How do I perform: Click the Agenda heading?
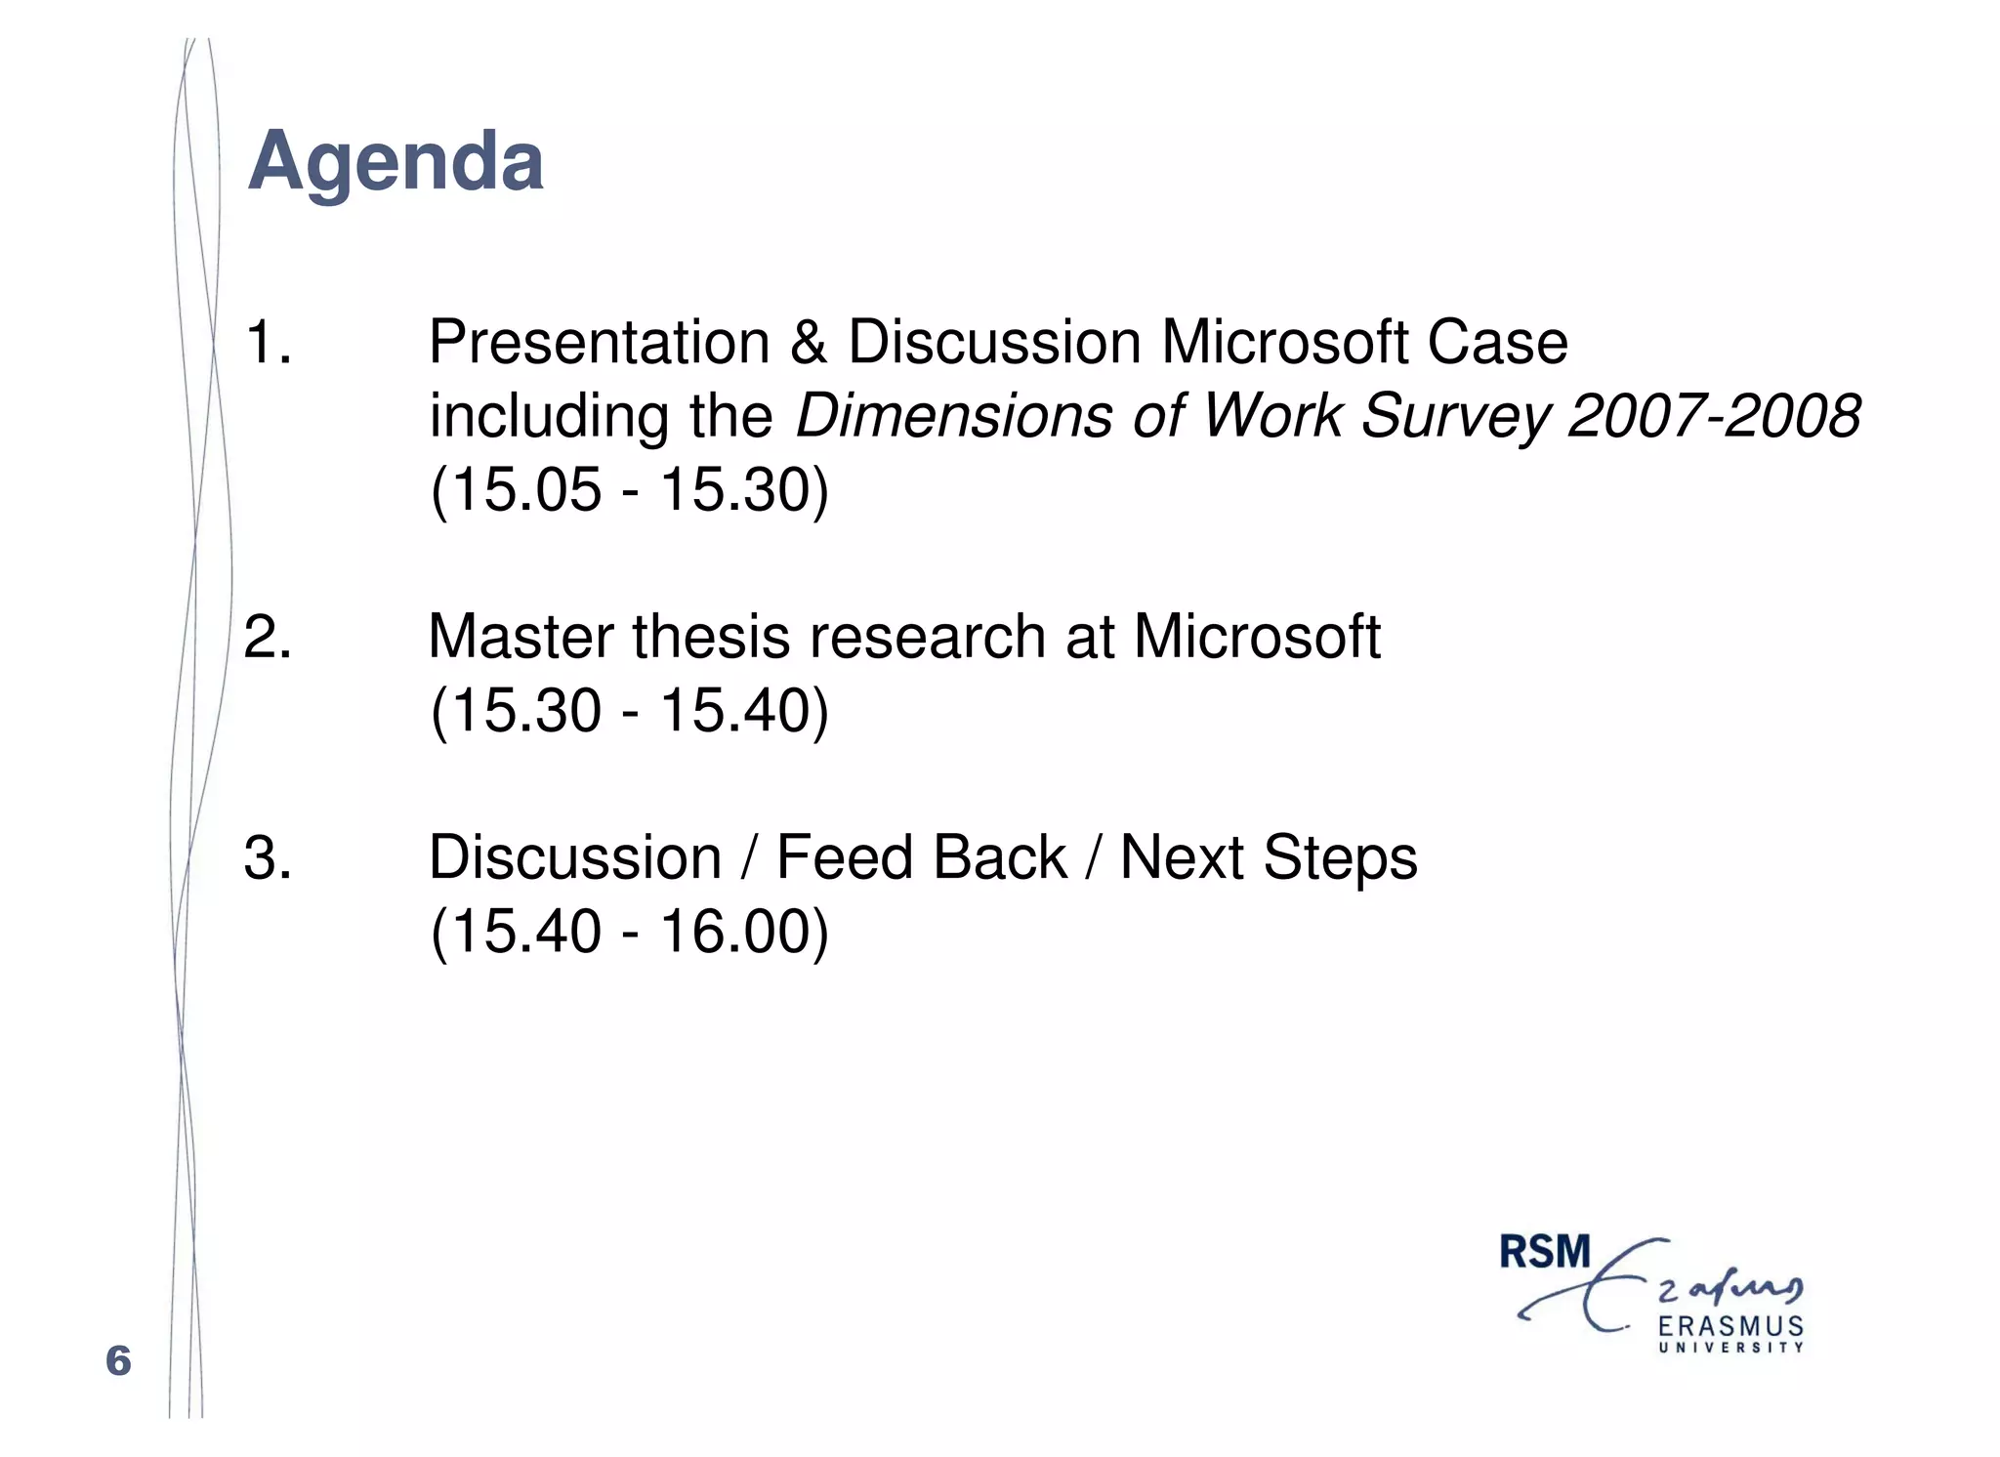(x=396, y=162)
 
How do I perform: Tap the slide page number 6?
(x=118, y=1360)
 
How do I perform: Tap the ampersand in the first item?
(x=808, y=343)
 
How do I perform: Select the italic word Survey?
(x=1454, y=416)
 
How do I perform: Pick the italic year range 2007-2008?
(x=1714, y=416)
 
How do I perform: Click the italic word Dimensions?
(x=953, y=416)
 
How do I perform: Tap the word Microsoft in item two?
(x=1257, y=637)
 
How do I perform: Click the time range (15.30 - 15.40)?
(x=629, y=710)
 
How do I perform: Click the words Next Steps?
(x=1268, y=857)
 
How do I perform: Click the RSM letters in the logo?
(x=1545, y=1253)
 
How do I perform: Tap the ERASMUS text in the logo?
(x=1730, y=1326)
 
